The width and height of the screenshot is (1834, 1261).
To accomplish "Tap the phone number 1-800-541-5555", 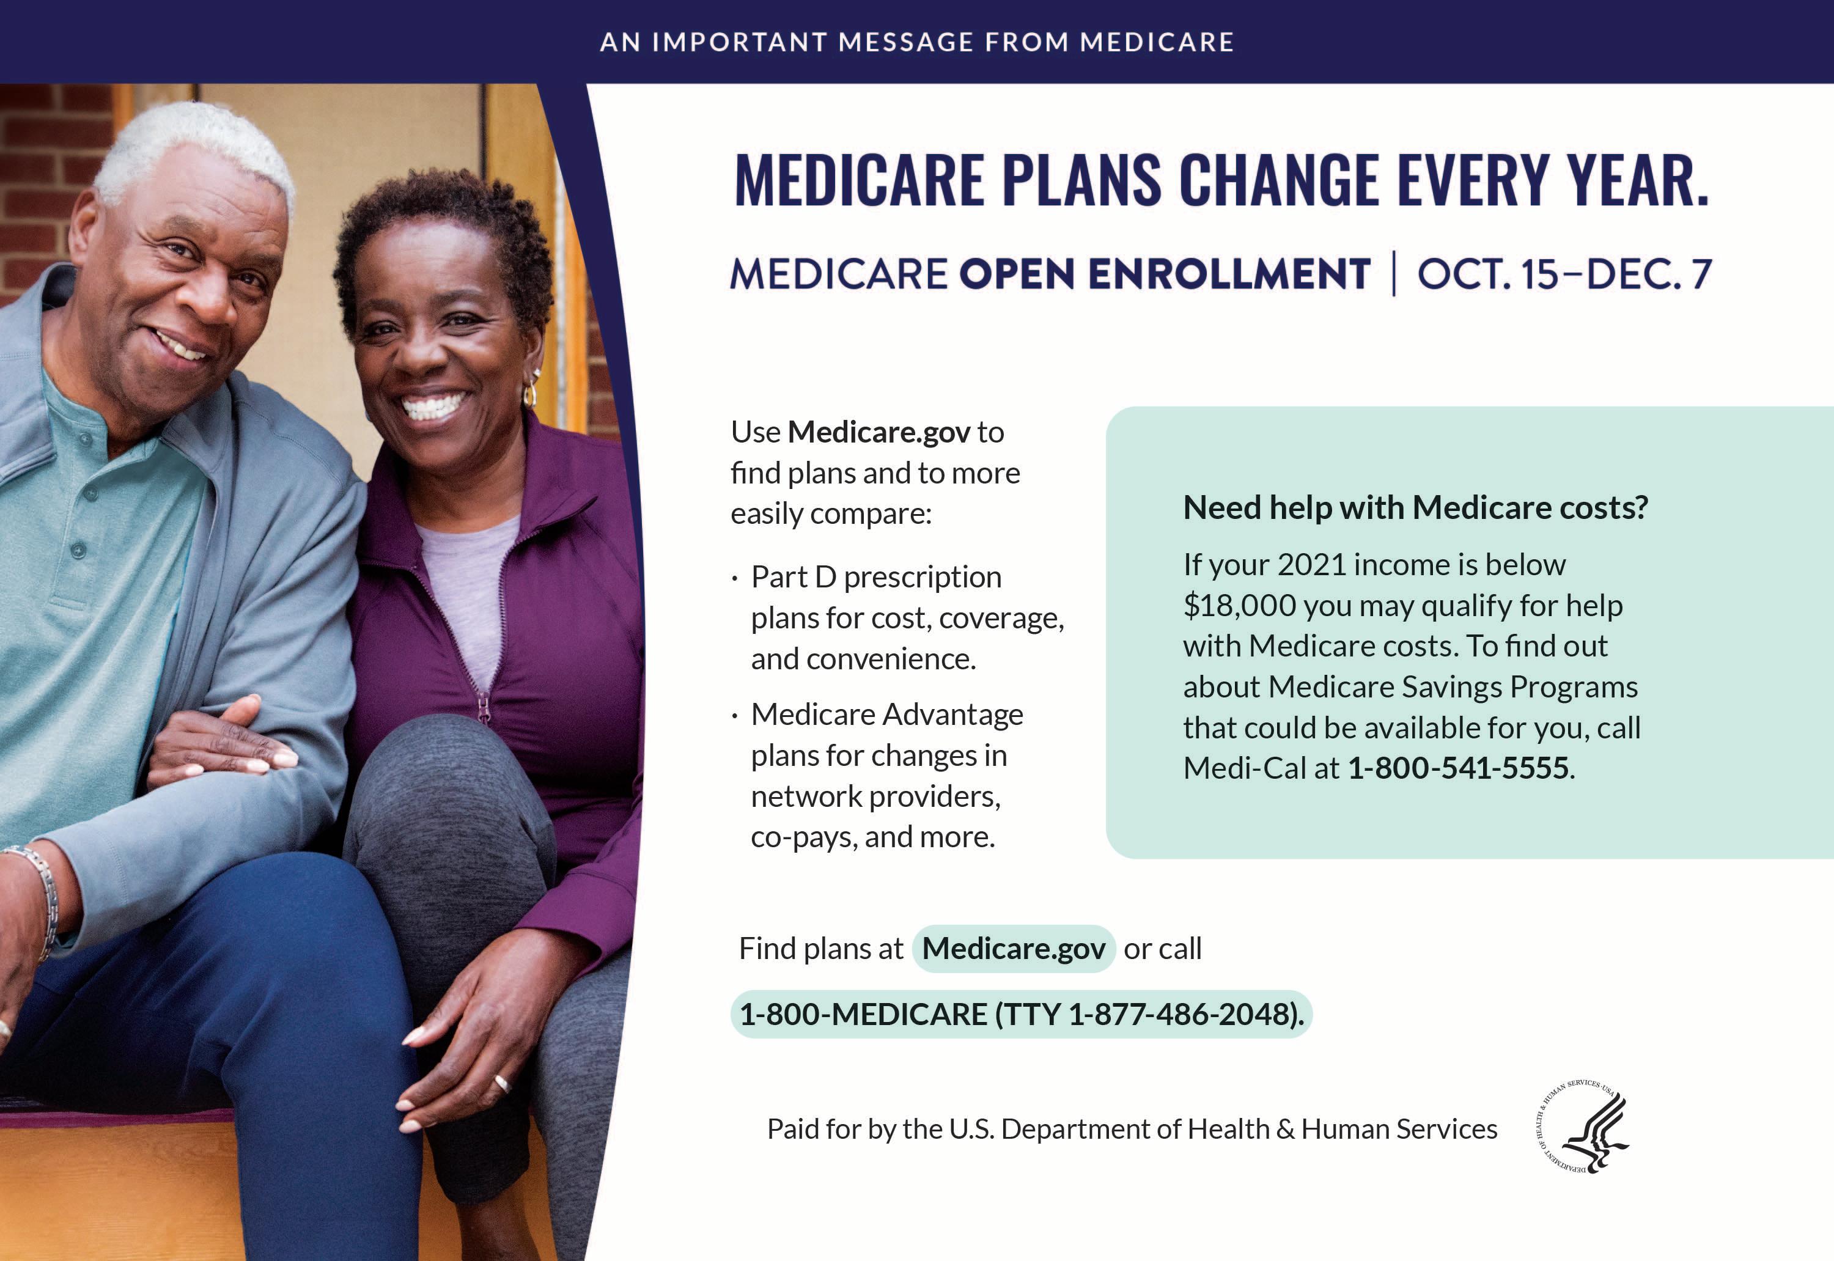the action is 1458,768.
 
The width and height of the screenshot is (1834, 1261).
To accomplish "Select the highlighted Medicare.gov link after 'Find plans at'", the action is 1013,948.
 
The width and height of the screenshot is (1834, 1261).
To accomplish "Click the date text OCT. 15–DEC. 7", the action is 1564,274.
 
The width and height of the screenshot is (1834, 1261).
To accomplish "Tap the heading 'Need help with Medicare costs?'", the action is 1415,507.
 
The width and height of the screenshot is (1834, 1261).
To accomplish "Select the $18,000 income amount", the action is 1240,605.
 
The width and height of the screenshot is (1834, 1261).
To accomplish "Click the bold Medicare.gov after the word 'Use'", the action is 878,432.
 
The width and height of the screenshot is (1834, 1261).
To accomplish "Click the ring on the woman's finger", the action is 503,1083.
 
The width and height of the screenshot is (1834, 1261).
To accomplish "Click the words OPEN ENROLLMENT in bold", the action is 1165,274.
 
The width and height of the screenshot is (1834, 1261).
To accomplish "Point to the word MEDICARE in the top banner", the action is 1157,42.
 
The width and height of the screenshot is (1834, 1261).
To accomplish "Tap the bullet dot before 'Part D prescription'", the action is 735,580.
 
